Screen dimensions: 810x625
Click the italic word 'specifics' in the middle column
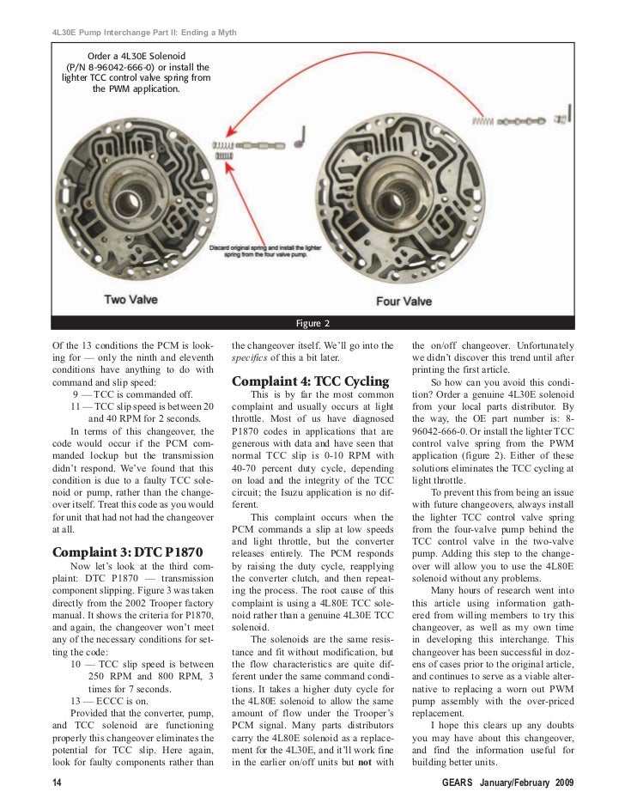coord(252,356)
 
